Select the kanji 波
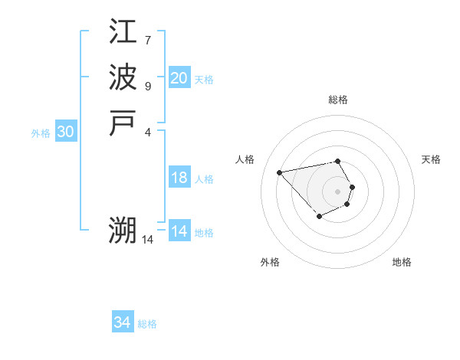123,78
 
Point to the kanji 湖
123,229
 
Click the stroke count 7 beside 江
148,39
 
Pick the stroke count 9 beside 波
148,86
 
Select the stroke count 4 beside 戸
148,131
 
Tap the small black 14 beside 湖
148,239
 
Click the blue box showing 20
179,78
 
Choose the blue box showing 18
179,178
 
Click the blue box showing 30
66,132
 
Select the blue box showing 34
123,322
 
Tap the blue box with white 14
179,231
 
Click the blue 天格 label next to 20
204,80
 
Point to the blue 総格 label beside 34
147,324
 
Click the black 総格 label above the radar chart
338,100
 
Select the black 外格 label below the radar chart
270,262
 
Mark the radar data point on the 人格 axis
280,172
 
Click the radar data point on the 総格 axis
338,161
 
